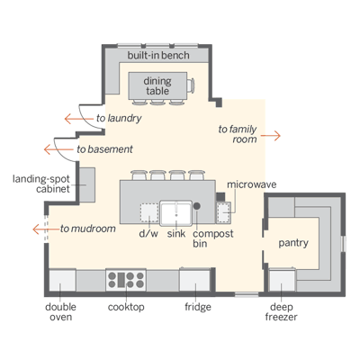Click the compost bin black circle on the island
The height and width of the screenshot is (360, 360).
[x=197, y=206]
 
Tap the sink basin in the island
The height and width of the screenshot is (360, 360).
[x=175, y=213]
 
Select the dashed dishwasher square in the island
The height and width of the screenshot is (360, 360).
[x=149, y=212]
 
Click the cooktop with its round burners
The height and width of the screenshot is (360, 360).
[x=126, y=280]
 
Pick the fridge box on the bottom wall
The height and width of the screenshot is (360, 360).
[x=194, y=279]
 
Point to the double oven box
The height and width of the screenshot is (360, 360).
[x=62, y=280]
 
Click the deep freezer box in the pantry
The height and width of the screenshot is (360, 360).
[x=283, y=280]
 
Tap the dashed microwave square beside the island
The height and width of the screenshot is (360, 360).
[x=224, y=212]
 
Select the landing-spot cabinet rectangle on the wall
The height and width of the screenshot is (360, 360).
[x=87, y=184]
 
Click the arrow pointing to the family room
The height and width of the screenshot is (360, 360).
[x=270, y=136]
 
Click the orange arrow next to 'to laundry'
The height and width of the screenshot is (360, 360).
[x=79, y=119]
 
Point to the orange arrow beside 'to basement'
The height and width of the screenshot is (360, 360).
[x=58, y=149]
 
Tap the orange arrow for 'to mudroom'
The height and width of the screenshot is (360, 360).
[x=47, y=229]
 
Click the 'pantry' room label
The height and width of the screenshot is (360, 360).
[x=293, y=243]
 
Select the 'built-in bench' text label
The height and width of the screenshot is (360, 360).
[x=158, y=55]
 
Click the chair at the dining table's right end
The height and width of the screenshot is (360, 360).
[x=191, y=85]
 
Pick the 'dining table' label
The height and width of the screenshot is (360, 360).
[x=157, y=85]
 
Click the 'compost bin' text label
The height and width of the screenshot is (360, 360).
[x=213, y=238]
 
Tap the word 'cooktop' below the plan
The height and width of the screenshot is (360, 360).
[x=126, y=307]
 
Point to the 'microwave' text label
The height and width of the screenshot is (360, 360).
[x=252, y=184]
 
